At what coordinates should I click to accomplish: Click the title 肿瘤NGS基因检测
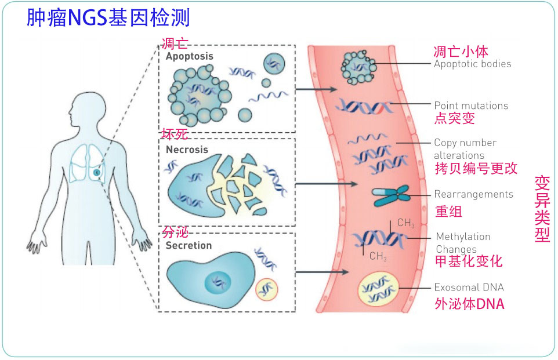108,17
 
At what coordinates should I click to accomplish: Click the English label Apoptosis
189,57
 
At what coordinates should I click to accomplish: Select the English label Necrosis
187,150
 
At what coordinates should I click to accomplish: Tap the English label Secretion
189,245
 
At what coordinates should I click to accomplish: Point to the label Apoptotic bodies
472,64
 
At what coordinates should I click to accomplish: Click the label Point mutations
471,106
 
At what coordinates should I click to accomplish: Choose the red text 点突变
454,119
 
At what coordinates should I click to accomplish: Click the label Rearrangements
473,194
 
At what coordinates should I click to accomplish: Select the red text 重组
448,211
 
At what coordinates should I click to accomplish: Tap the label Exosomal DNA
469,288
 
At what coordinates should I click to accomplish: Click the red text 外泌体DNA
469,304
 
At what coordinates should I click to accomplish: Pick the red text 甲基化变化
468,261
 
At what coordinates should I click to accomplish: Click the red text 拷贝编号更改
475,169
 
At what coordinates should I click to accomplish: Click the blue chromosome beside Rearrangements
391,195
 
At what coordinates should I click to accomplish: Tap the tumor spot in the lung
97,172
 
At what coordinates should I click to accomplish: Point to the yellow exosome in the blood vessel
378,289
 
